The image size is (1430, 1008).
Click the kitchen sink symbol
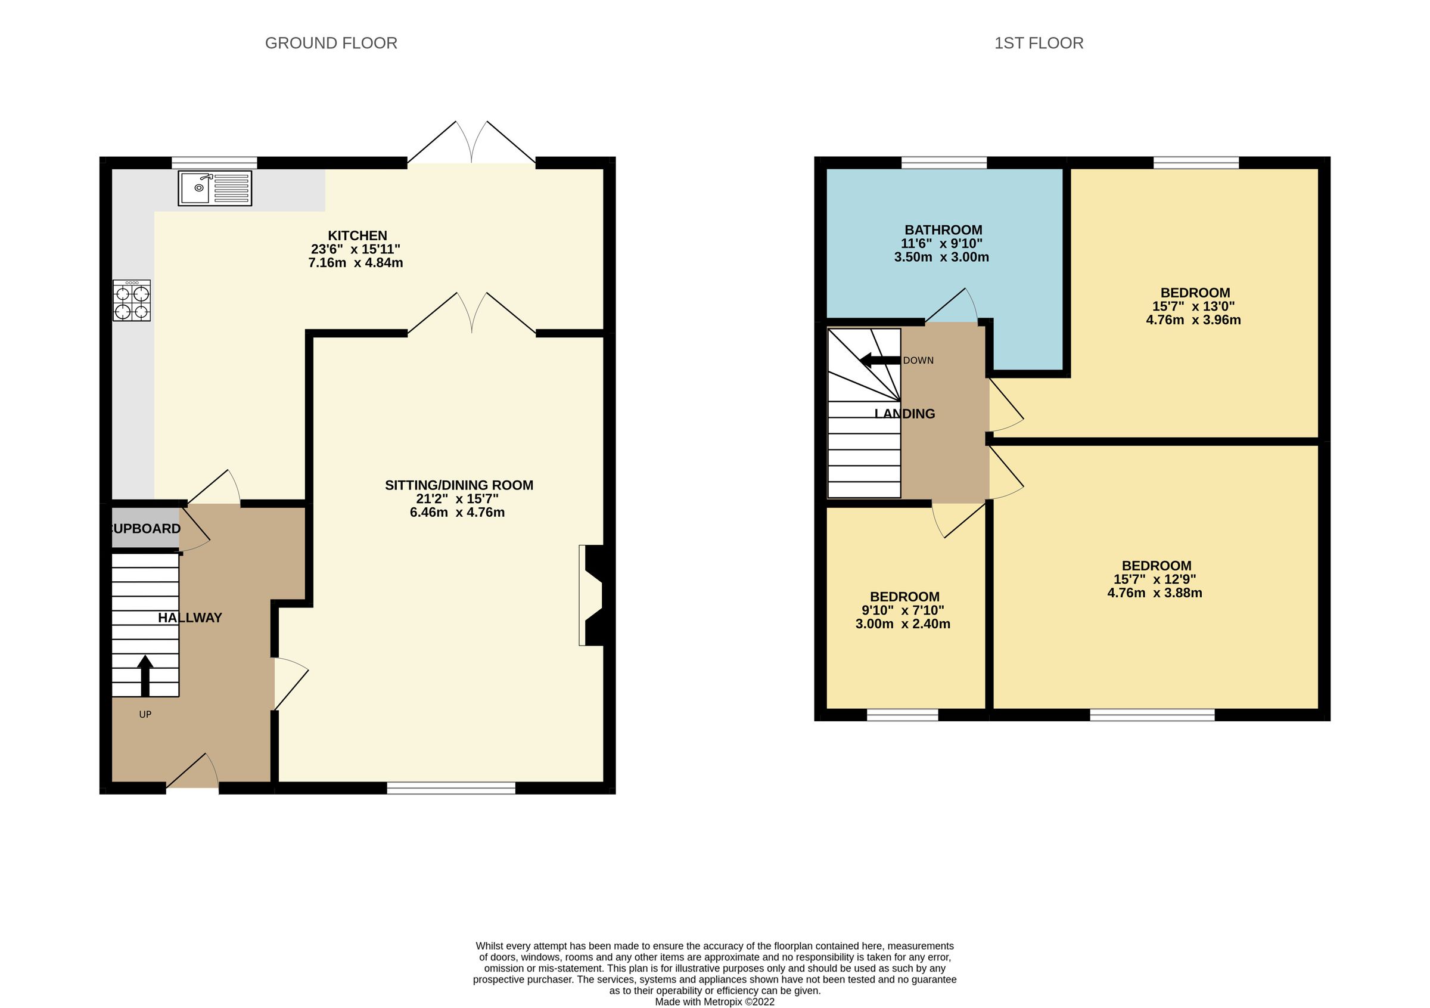coord(215,188)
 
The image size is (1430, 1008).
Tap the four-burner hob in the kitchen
coord(132,300)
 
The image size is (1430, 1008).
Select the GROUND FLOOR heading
coord(331,43)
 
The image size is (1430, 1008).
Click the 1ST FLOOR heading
coord(1039,43)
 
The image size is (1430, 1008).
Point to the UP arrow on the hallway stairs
coord(145,675)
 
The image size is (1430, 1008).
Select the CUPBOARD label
coord(145,529)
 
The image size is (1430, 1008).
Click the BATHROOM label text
coord(943,230)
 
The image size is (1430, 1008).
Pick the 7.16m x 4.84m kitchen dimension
coord(356,263)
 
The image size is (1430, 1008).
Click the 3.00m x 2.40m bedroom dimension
coord(903,624)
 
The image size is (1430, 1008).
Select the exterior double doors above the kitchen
coord(471,142)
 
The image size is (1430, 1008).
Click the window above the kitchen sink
coord(214,163)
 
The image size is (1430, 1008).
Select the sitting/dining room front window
coord(451,788)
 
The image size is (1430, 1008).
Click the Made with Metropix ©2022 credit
coord(714,1002)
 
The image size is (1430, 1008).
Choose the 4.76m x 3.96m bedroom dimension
coord(1193,320)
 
